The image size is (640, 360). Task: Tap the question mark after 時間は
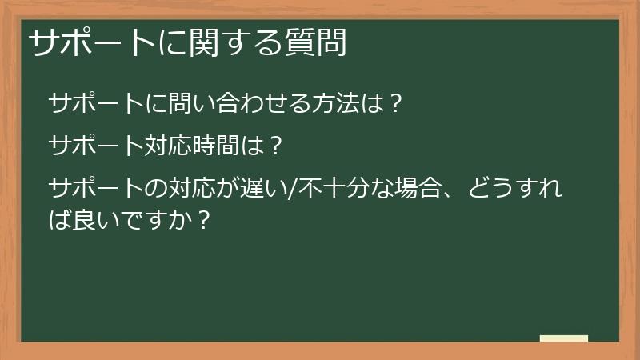[274, 146]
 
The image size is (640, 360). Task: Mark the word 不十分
[327, 189]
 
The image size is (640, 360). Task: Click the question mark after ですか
[203, 218]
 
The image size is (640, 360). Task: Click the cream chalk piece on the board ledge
[564, 338]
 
